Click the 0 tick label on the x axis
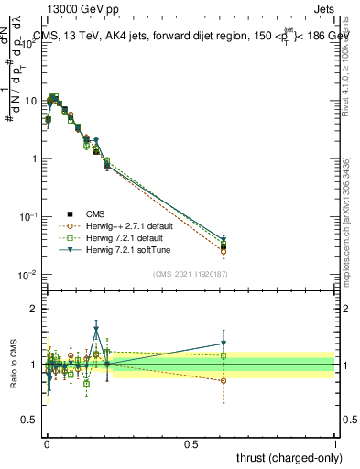(47, 442)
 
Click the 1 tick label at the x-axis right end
(335, 442)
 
